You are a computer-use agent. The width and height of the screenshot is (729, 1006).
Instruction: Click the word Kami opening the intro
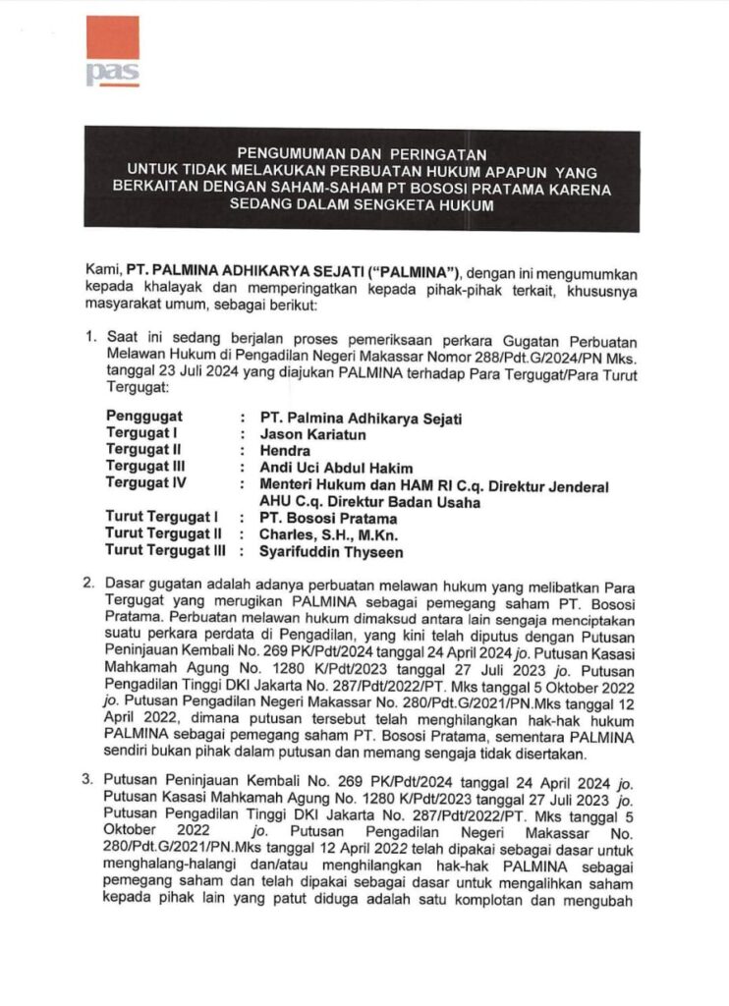tap(101, 271)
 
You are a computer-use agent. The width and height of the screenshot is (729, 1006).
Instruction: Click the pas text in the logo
tap(112, 76)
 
